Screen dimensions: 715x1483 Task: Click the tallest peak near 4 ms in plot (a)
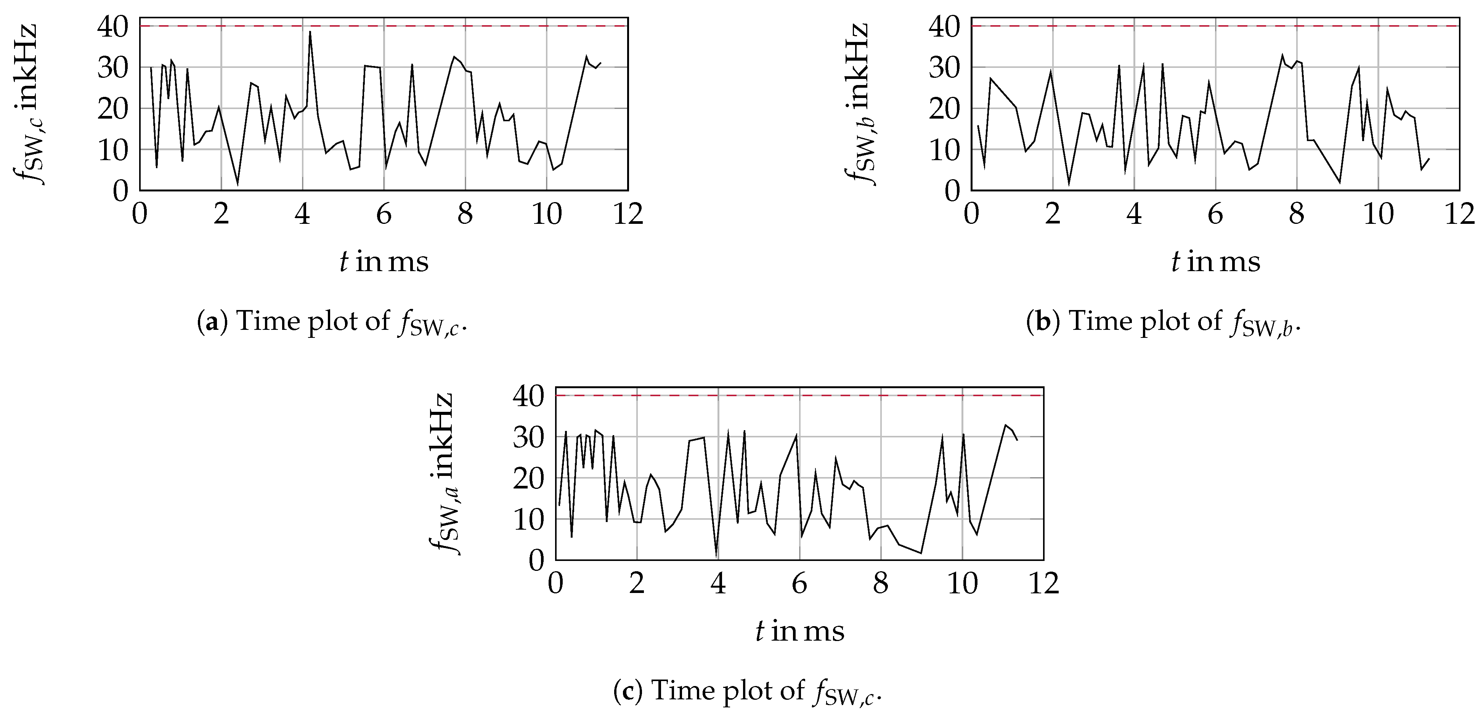click(310, 33)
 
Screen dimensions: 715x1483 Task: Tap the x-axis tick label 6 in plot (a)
click(384, 215)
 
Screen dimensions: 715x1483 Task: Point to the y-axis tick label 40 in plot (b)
click(944, 27)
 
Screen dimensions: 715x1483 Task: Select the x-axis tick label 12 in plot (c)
click(1043, 584)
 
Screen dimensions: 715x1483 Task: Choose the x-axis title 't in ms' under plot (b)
click(1215, 262)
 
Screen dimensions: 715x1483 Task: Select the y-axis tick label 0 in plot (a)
click(120, 191)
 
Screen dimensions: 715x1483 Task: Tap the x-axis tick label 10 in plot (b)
click(1378, 215)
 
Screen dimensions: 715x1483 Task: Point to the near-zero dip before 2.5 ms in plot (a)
click(237, 184)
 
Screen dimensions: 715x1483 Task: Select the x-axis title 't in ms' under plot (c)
click(800, 631)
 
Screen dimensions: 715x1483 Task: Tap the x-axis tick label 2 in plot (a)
click(221, 215)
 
